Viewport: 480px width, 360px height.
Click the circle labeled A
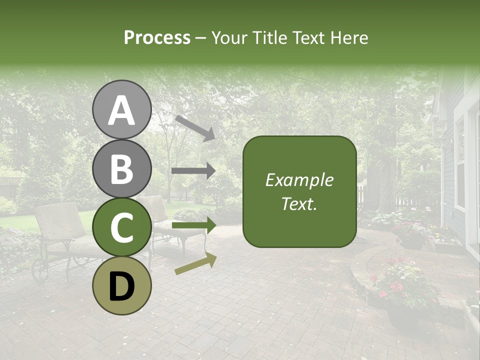click(121, 109)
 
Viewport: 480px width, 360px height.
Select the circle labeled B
click(121, 168)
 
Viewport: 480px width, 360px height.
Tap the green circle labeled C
click(121, 227)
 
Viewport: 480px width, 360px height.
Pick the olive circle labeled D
click(121, 285)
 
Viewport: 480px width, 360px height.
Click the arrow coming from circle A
click(195, 127)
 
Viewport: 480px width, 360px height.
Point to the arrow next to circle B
click(193, 170)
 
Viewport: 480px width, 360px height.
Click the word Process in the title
click(157, 37)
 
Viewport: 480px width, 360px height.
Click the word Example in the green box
click(299, 180)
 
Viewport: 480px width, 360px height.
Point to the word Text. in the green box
click(299, 203)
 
